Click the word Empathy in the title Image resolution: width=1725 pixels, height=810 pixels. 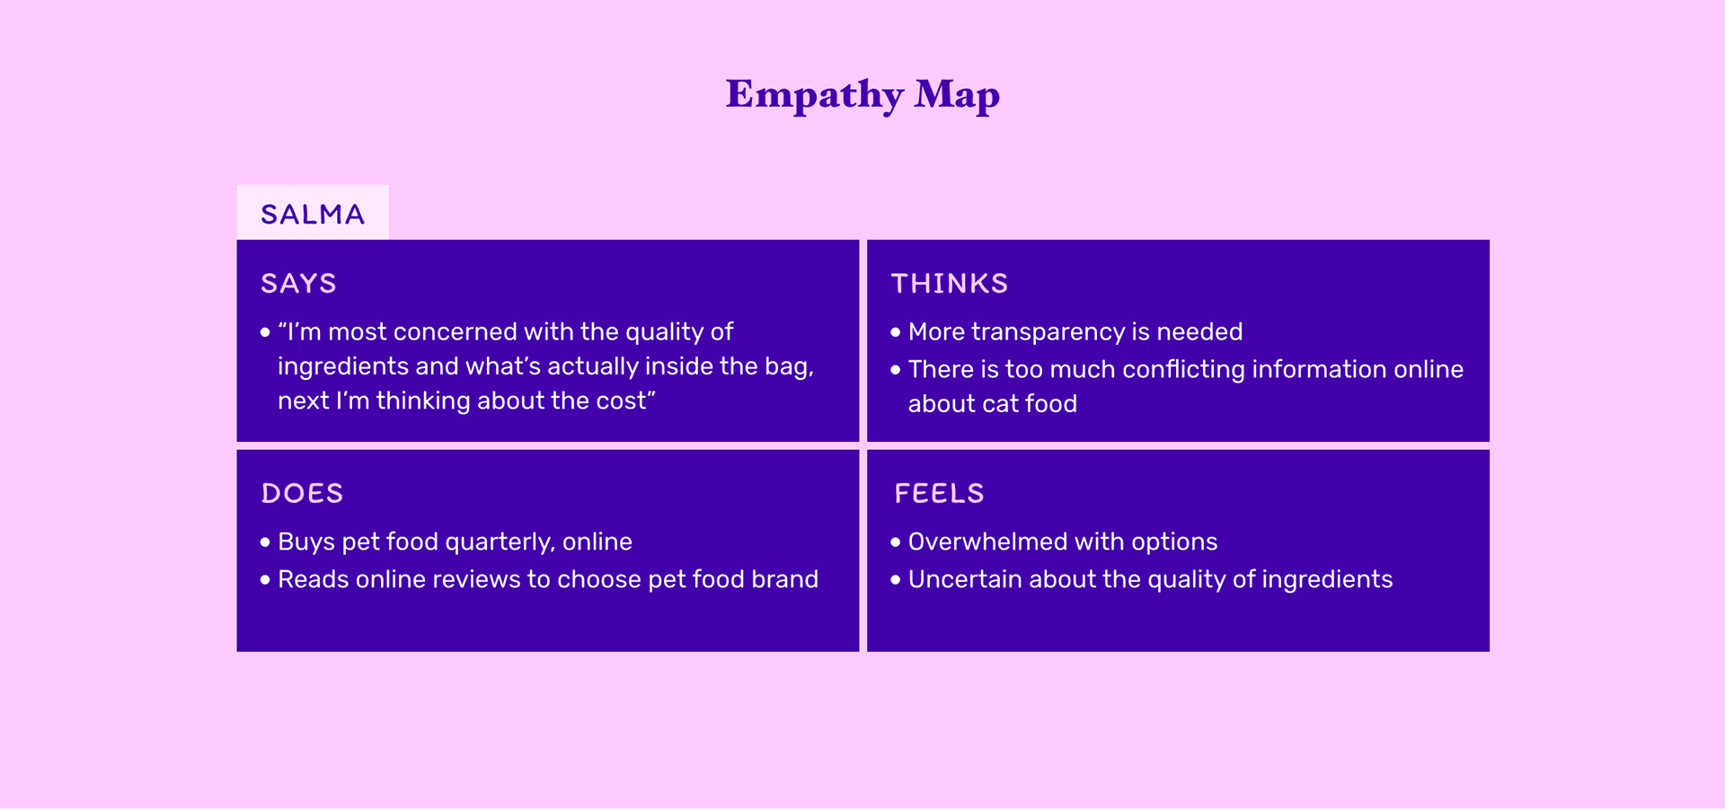[x=814, y=95]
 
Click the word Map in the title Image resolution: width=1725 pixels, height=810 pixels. [x=957, y=95]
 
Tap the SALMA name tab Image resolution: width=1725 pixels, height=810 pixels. [x=313, y=214]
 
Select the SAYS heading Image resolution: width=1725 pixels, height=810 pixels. [x=298, y=284]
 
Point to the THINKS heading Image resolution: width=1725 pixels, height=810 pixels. [x=949, y=284]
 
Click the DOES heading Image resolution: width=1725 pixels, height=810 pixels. [x=302, y=493]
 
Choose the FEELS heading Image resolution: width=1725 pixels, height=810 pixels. [x=939, y=493]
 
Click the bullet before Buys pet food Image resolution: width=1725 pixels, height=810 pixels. [x=265, y=542]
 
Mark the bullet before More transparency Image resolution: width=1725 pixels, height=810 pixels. [x=895, y=332]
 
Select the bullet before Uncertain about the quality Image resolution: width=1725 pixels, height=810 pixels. [x=895, y=580]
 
